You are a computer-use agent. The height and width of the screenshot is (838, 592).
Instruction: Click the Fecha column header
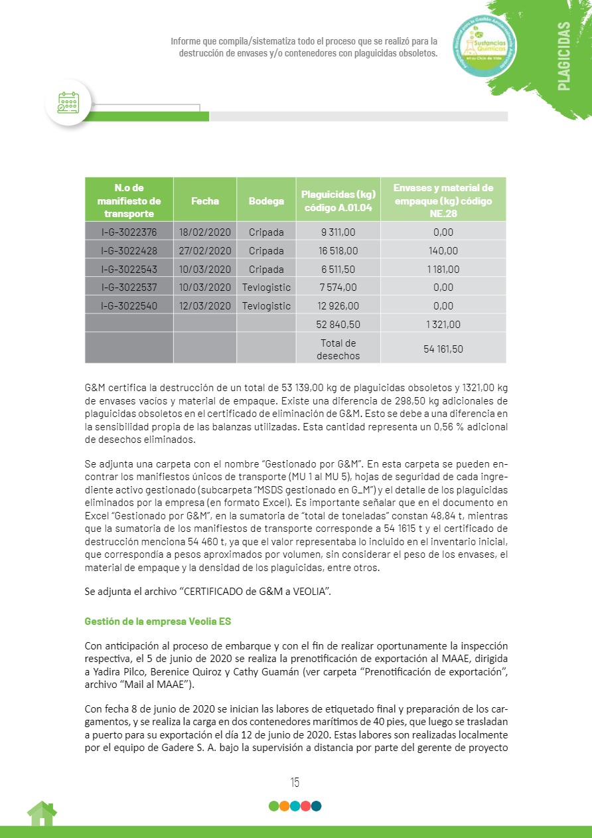204,201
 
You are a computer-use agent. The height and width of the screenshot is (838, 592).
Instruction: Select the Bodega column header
266,201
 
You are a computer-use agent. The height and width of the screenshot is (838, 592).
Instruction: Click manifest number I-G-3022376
129,232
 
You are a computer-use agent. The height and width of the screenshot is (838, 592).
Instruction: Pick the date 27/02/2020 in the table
204,251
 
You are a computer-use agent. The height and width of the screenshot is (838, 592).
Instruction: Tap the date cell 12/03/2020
204,306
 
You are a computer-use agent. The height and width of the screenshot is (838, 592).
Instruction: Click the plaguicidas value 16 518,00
338,251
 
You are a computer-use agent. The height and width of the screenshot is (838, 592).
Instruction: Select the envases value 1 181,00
443,270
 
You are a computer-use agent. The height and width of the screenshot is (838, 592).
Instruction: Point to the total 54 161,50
443,349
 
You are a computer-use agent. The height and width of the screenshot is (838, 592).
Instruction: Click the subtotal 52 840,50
338,325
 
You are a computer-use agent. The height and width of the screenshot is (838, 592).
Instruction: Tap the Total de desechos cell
338,349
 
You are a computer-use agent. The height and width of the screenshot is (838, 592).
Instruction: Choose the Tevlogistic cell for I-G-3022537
266,288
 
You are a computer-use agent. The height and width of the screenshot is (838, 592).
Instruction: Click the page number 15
295,782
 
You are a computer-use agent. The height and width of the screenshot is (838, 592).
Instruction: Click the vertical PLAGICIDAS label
563,56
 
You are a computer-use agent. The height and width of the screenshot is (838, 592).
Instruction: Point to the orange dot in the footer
284,806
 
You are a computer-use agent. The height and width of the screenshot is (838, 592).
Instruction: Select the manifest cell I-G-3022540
129,306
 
